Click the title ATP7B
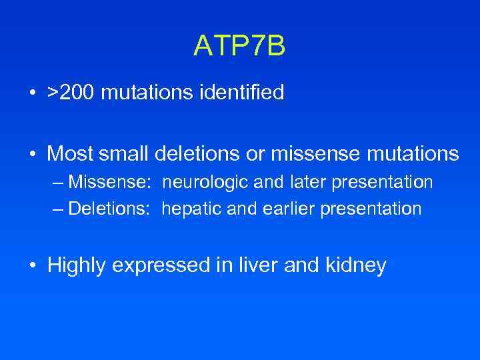[239, 46]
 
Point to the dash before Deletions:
[58, 209]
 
